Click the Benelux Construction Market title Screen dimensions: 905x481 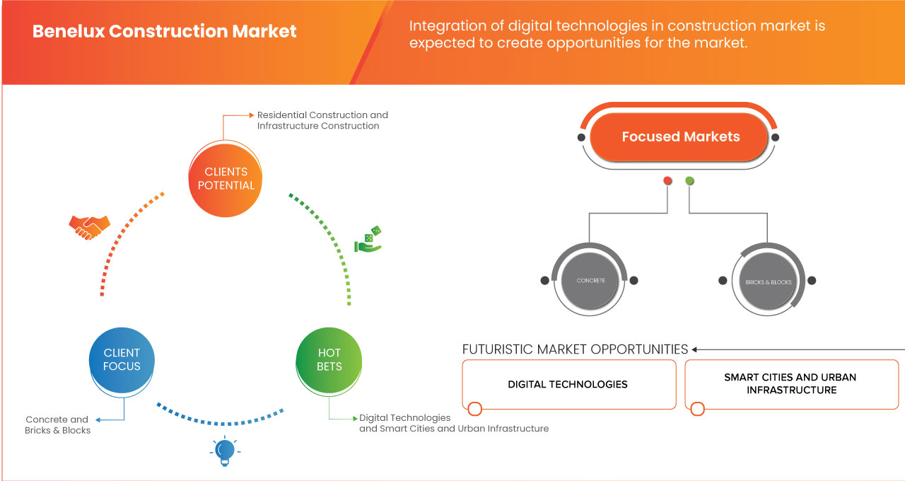(165, 32)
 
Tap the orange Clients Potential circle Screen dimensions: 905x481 (226, 179)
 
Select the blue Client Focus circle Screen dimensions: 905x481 (122, 360)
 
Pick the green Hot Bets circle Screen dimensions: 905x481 (329, 360)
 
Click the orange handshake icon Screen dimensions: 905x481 (89, 227)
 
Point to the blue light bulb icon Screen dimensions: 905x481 (225, 451)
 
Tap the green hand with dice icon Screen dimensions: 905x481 (368, 239)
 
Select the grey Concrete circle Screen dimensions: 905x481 (590, 281)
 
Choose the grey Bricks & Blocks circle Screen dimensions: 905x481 (768, 282)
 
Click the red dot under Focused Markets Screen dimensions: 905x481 (667, 180)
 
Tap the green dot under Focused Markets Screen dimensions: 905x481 (689, 180)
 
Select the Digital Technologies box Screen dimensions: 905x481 (569, 384)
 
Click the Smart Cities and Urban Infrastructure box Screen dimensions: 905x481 (791, 384)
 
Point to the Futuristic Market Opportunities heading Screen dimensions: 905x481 (575, 349)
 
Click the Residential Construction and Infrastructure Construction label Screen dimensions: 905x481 (322, 120)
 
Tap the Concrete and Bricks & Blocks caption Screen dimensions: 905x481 (57, 425)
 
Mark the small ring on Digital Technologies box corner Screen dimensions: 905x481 (474, 409)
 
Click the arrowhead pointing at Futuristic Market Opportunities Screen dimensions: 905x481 (694, 349)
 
